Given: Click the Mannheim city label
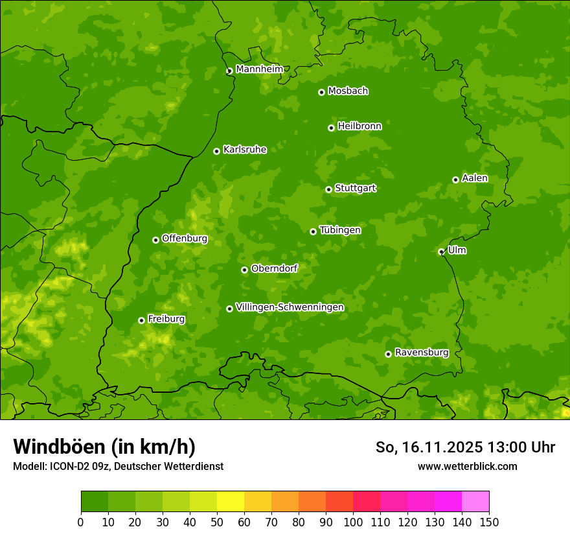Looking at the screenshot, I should (259, 69).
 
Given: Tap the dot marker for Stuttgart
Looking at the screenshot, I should (328, 189).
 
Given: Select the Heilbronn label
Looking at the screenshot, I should (359, 126).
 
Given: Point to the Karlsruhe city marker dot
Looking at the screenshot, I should (216, 151).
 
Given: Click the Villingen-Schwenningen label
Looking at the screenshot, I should (290, 307).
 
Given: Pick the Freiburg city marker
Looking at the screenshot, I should (141, 320).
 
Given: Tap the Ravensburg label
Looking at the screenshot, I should (421, 352).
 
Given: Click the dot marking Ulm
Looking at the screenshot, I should (441, 251).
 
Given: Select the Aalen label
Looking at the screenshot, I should (475, 178).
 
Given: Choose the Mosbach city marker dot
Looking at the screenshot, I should (321, 92).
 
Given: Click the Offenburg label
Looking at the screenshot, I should (185, 238).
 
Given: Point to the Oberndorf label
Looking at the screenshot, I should (275, 268).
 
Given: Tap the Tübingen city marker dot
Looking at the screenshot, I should (313, 231).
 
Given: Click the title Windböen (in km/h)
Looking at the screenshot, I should (104, 447).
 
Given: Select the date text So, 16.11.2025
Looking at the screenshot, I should (429, 447).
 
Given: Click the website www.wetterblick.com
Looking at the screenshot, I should (467, 466).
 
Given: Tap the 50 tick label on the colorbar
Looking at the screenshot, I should (217, 522).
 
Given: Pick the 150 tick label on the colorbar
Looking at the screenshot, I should (489, 522).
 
